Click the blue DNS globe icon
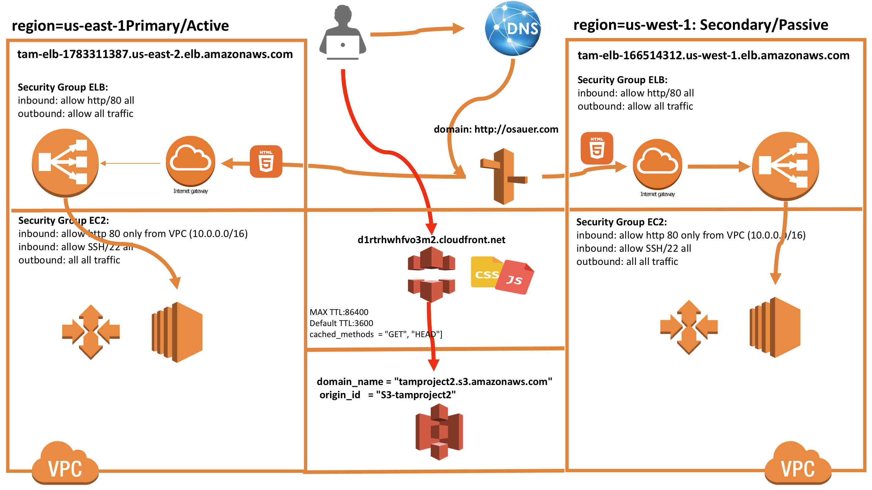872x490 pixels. point(513,29)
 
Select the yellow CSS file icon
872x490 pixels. point(484,272)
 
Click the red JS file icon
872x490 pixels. point(515,277)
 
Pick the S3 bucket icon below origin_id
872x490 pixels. point(439,432)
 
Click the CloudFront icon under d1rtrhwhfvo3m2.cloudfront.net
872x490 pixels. point(431,274)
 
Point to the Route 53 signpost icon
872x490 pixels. point(504,176)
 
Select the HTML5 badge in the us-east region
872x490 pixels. point(266,161)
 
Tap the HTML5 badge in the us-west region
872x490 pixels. point(596,148)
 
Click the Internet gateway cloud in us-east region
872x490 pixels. point(191,161)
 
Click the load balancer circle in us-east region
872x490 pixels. point(65,162)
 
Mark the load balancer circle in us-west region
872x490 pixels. point(785,166)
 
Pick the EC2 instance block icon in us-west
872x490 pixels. point(775,327)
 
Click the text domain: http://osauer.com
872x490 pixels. point(496,129)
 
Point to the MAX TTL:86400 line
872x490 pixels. point(339,312)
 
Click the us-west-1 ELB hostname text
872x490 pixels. point(713,55)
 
